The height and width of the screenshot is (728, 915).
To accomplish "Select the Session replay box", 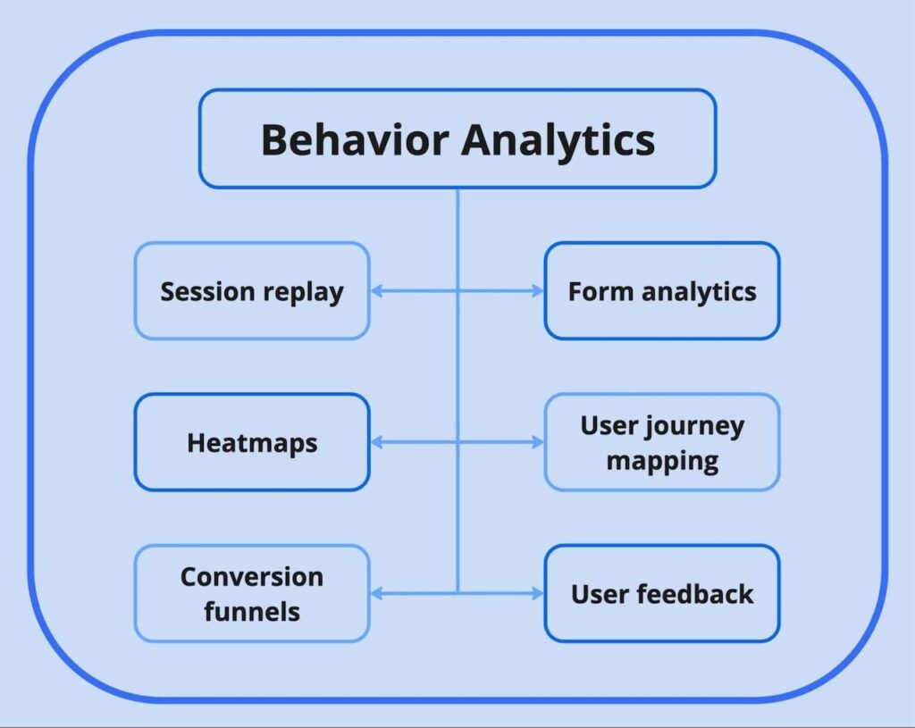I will pos(251,291).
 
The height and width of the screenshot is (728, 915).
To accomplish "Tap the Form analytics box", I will pos(661,291).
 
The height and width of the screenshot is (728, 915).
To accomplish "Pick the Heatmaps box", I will pos(251,442).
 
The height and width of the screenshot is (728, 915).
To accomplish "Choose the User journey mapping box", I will pos(661,442).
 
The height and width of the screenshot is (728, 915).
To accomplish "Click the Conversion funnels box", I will pos(251,593).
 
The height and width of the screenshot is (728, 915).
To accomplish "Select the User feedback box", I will pos(661,593).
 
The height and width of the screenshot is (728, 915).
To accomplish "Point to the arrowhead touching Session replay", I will pos(376,291).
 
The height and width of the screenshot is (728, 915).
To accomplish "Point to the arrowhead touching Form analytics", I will pos(538,291).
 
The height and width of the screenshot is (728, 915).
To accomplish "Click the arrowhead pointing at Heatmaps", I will pos(376,442).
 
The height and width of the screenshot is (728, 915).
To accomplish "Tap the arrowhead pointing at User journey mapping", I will pos(538,442).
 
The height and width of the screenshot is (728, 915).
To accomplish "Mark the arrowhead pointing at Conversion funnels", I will pos(376,593).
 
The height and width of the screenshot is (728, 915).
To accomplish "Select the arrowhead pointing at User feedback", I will pos(538,593).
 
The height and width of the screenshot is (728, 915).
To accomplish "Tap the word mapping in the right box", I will pos(661,461).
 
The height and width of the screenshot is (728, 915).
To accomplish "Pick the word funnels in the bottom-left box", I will pos(251,612).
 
